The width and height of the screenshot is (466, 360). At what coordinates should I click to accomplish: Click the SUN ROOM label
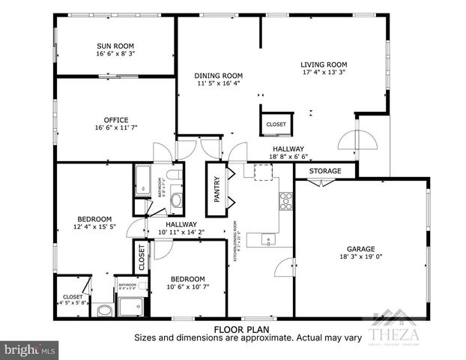(x=115, y=45)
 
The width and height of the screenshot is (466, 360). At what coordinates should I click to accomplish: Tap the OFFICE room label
(x=116, y=120)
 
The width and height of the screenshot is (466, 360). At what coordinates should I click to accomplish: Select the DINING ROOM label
(x=219, y=75)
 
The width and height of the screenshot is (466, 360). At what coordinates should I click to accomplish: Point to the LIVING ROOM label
(x=324, y=64)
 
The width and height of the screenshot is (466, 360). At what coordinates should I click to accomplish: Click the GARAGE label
(x=360, y=249)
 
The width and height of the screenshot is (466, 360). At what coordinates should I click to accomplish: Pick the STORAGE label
(x=325, y=172)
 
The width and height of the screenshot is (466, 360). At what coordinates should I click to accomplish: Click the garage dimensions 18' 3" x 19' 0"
(x=360, y=257)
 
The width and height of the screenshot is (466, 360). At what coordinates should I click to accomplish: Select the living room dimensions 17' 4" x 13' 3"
(x=324, y=73)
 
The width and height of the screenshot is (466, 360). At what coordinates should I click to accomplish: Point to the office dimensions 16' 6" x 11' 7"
(x=116, y=129)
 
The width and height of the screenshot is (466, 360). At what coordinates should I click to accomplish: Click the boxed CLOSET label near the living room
(x=276, y=124)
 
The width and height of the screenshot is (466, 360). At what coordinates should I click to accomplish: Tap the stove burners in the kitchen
(x=285, y=199)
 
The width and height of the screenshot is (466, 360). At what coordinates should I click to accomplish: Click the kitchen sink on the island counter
(x=268, y=240)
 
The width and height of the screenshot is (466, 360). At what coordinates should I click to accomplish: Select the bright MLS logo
(x=30, y=349)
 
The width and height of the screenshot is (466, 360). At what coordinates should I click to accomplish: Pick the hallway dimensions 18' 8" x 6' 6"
(x=288, y=157)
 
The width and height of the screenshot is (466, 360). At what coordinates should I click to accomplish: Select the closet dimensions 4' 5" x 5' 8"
(x=73, y=304)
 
